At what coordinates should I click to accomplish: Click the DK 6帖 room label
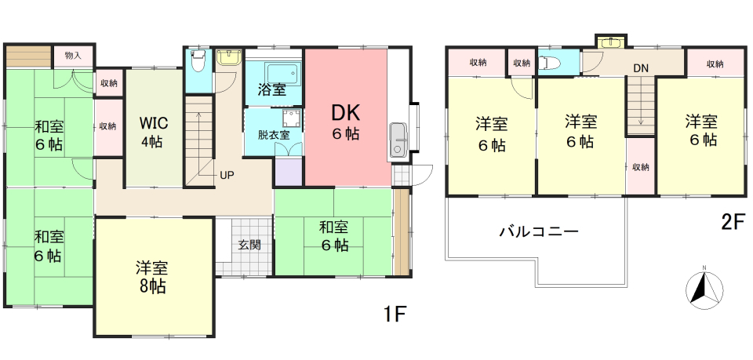pos(345,122)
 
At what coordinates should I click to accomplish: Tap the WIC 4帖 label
pos(154,132)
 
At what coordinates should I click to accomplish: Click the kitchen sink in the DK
pos(398,140)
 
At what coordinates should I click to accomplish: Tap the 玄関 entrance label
pos(249,245)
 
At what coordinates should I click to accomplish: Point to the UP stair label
pos(227,175)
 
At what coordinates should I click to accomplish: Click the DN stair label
pos(640,68)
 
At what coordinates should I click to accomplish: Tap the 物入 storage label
pos(73,55)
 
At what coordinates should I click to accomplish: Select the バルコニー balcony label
pos(539,232)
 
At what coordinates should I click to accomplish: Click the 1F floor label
pos(395,315)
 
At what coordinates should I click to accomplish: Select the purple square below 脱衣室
pos(289,171)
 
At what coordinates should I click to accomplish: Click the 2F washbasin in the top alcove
pos(611,42)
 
